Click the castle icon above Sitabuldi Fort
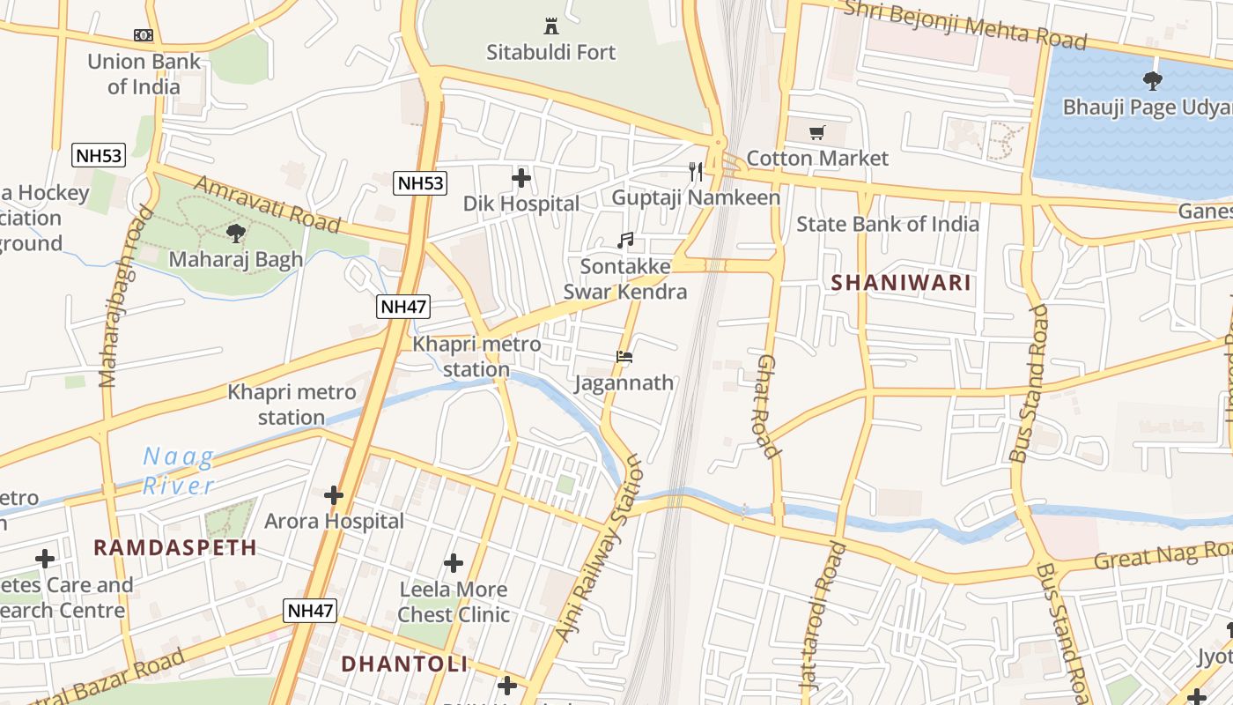point(551,26)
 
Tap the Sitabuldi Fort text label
point(551,52)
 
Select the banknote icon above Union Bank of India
point(144,35)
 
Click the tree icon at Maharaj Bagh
point(235,234)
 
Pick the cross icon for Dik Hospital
point(521,178)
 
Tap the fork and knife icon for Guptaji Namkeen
point(696,171)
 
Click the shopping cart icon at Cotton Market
point(817,132)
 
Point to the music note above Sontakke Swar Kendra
point(625,241)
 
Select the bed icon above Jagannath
point(624,357)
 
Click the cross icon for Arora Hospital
point(334,495)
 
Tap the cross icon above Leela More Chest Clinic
point(454,563)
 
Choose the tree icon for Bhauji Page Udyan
point(1152,81)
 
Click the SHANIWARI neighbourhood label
point(901,283)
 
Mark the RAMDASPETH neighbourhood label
point(175,547)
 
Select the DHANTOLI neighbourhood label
point(404,664)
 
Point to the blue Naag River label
point(179,471)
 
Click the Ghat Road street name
point(767,406)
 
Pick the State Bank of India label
point(887,224)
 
